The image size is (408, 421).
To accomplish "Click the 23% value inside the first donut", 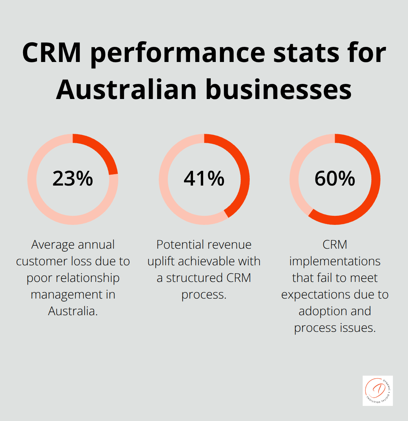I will [x=73, y=179].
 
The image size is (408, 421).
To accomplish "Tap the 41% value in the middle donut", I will [x=204, y=179].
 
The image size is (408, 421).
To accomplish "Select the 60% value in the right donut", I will [x=335, y=179].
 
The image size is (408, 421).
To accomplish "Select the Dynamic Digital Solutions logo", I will [x=377, y=390].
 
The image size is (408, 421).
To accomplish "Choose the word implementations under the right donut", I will [x=335, y=262].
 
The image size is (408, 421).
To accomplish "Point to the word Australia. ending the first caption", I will [x=73, y=311].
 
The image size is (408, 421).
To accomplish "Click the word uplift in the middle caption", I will [x=163, y=262].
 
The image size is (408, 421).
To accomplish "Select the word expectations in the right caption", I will [x=320, y=294].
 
